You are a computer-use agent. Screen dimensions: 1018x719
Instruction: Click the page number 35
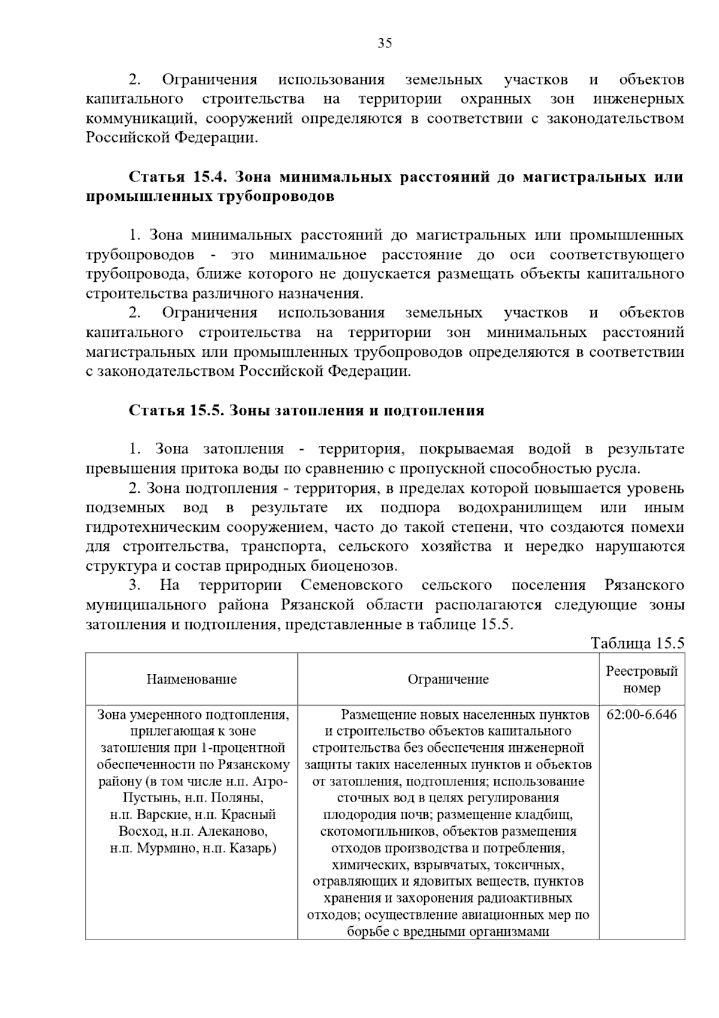(385, 43)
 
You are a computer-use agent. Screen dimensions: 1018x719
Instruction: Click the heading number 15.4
(209, 177)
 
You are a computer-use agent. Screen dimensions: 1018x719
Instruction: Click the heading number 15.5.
(207, 411)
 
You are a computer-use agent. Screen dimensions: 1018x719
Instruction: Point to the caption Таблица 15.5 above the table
(637, 643)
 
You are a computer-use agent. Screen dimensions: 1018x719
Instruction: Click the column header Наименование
(192, 679)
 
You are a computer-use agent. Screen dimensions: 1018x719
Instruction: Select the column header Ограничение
(448, 679)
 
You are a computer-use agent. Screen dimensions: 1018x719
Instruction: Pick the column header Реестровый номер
(642, 679)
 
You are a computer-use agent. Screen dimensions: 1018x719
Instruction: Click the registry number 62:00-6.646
(642, 715)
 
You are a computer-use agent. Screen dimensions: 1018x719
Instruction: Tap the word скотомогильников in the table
(369, 832)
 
